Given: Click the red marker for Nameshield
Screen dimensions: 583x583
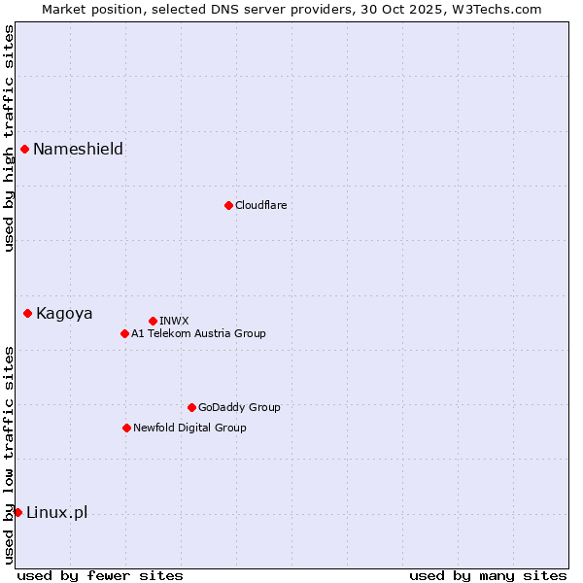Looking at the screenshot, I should pyautogui.click(x=24, y=149).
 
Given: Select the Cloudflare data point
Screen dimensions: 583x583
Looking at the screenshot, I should pyautogui.click(x=228, y=205).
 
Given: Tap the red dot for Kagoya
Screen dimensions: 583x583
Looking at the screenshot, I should pyautogui.click(x=27, y=313).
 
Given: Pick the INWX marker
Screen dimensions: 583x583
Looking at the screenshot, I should pyautogui.click(x=153, y=321).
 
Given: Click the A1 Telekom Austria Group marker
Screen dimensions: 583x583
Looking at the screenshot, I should pyautogui.click(x=124, y=333).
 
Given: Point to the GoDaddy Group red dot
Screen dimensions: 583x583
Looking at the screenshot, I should pyautogui.click(x=191, y=407).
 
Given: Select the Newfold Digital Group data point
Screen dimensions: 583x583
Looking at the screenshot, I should pyautogui.click(x=126, y=428).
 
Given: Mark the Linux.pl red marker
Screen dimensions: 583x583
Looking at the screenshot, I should pyautogui.click(x=17, y=512).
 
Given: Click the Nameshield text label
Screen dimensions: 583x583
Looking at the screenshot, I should pyautogui.click(x=78, y=149).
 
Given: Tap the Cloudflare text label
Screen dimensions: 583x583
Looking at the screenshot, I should pyautogui.click(x=260, y=205).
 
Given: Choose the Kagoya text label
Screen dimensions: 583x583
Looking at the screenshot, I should pyautogui.click(x=64, y=313).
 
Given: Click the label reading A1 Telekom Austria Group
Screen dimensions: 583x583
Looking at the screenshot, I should pyautogui.click(x=198, y=333).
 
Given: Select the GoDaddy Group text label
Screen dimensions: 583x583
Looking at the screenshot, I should pyautogui.click(x=239, y=407).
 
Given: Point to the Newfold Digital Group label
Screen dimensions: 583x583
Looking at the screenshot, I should pyautogui.click(x=189, y=428).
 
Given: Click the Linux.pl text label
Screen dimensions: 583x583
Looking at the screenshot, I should pyautogui.click(x=56, y=512).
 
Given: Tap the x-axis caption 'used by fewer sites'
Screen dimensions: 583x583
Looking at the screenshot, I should pyautogui.click(x=100, y=575).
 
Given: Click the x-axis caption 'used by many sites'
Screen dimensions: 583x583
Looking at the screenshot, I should pyautogui.click(x=488, y=575).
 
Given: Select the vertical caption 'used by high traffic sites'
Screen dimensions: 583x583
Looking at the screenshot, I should pyautogui.click(x=9, y=138).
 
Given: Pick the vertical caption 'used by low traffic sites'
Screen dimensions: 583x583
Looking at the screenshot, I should pyautogui.click(x=9, y=455).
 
